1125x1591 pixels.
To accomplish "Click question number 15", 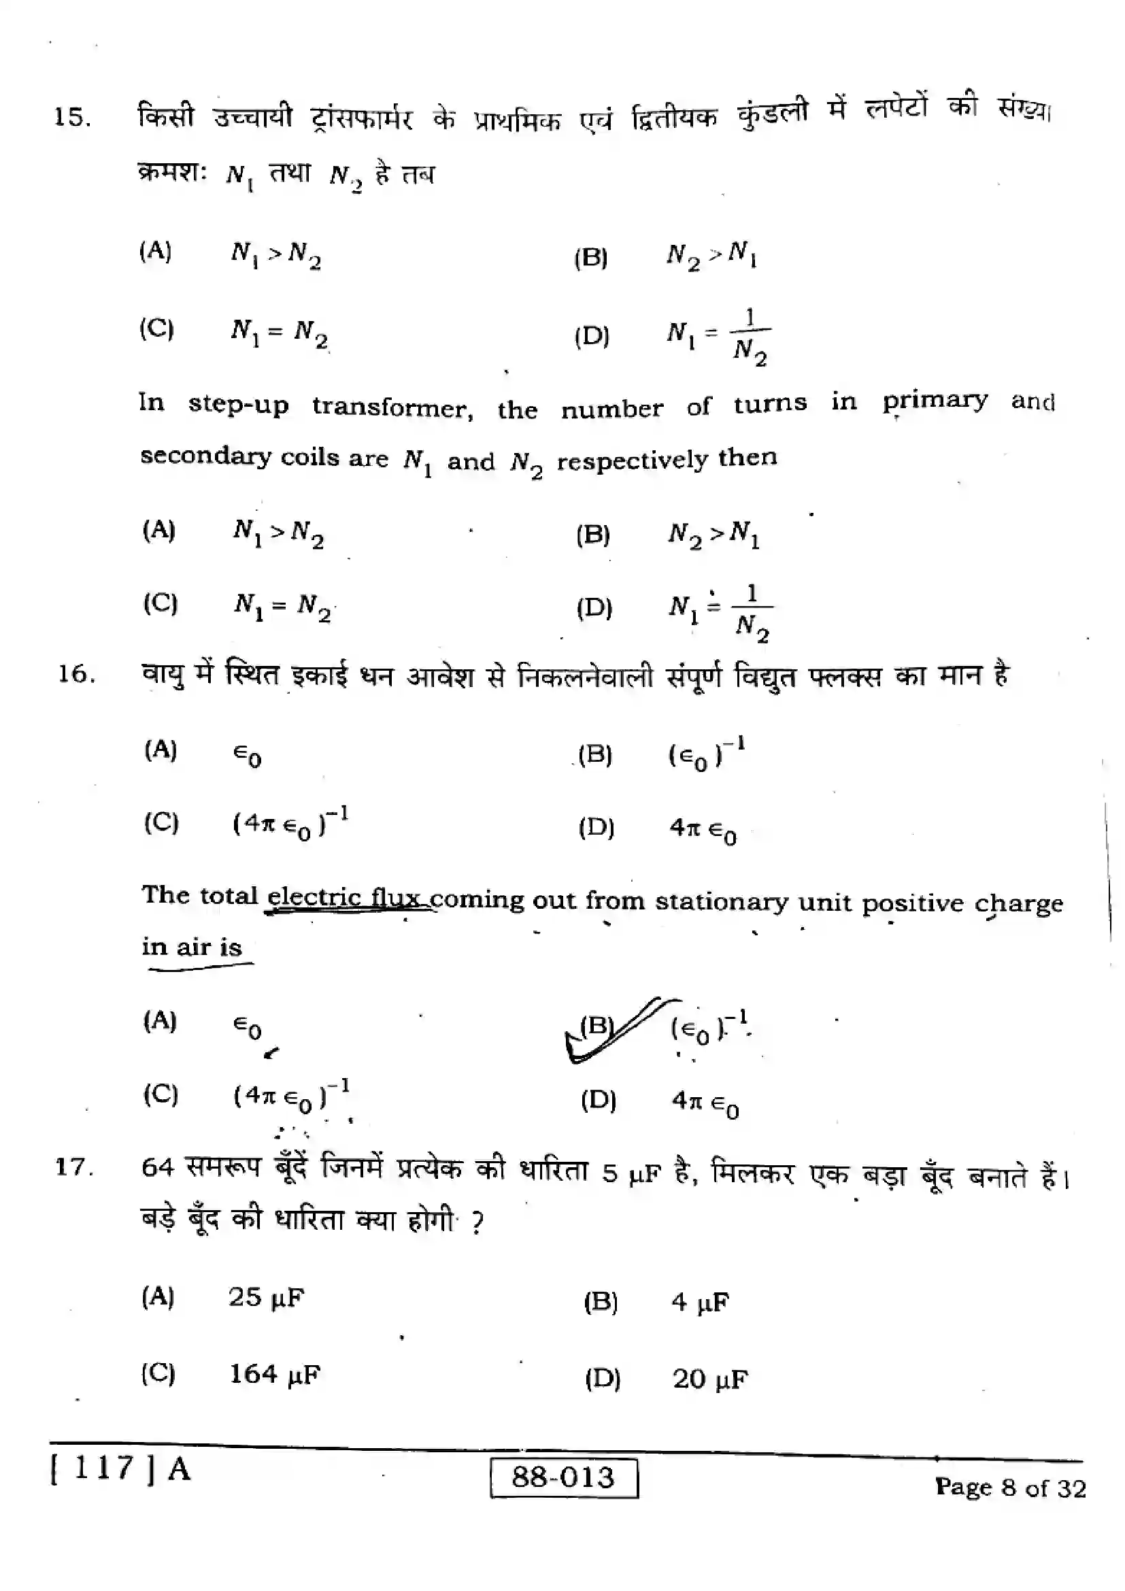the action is click(72, 117).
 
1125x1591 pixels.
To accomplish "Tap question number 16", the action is click(75, 674).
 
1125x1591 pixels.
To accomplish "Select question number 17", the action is click(73, 1167).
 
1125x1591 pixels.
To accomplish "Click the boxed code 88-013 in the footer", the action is click(563, 1477).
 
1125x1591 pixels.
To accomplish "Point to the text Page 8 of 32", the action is click(1010, 1487).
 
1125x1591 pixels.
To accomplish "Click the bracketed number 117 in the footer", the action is click(103, 1468).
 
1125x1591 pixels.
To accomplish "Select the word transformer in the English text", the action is click(392, 407).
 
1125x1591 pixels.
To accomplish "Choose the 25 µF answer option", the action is click(267, 1297).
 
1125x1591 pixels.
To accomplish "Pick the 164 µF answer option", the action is click(275, 1374).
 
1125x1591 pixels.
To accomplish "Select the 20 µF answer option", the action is click(710, 1379).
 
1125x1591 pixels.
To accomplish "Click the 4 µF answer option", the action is click(700, 1302).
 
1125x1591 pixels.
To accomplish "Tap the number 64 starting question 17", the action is click(157, 1168).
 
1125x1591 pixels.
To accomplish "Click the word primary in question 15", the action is click(935, 401).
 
